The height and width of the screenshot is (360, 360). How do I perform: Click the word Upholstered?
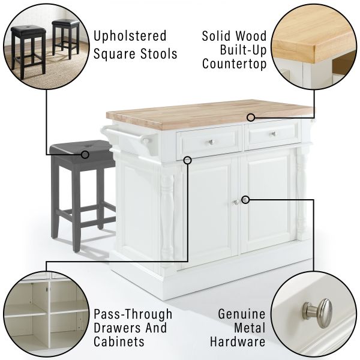(130, 36)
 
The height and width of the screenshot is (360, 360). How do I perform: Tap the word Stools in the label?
(158, 54)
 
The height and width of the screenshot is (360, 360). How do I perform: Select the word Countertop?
(235, 64)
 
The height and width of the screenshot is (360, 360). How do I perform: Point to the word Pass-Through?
(133, 314)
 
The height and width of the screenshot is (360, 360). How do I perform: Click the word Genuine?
(242, 314)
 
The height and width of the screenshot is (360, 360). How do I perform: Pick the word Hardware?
(238, 341)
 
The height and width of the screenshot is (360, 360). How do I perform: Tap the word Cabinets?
(119, 341)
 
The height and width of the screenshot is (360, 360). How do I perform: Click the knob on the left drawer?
(212, 142)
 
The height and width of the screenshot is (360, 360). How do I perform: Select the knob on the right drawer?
(273, 134)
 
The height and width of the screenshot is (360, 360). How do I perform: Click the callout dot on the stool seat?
(85, 155)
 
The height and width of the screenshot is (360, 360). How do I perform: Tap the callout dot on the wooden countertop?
(251, 118)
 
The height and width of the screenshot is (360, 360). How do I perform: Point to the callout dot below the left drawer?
(188, 160)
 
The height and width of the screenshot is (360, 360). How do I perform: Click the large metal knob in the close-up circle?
(319, 313)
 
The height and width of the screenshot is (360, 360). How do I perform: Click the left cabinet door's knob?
(236, 202)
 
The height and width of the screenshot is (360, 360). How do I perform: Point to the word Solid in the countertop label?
(216, 36)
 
